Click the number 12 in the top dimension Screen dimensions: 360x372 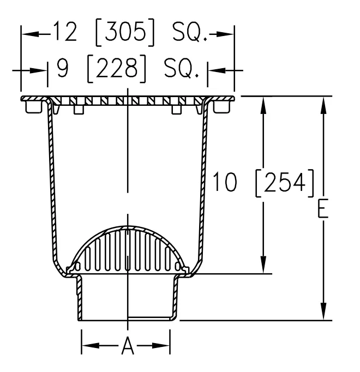click(x=64, y=31)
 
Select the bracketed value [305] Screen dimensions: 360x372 click(x=125, y=32)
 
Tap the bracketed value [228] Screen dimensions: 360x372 click(x=117, y=68)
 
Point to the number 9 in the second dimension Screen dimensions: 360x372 click(x=63, y=68)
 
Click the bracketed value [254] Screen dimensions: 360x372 click(x=285, y=183)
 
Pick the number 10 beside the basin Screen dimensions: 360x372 click(x=225, y=182)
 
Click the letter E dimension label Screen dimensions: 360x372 click(x=323, y=208)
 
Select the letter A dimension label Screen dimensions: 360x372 click(x=128, y=345)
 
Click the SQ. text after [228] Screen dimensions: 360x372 click(x=182, y=69)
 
